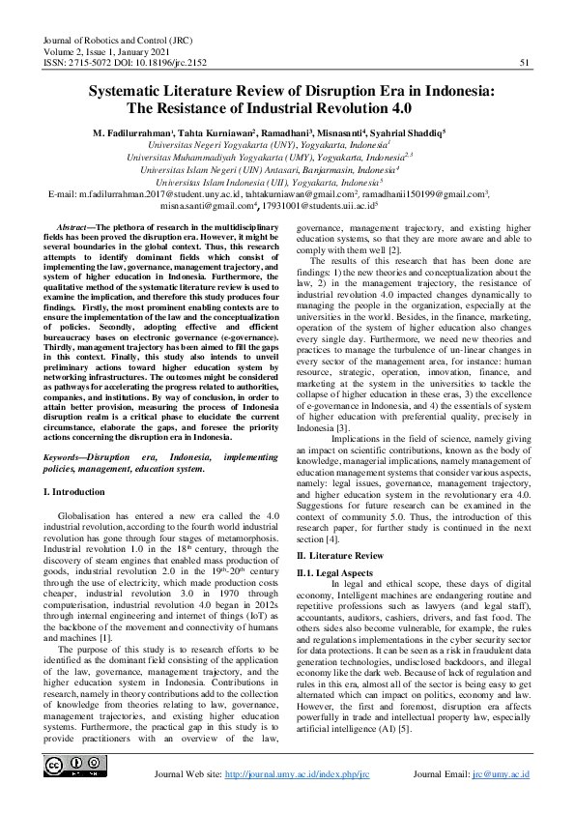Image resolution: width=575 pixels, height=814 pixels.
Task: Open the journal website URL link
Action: [297, 775]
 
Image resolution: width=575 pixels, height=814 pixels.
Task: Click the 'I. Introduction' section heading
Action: [78, 492]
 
